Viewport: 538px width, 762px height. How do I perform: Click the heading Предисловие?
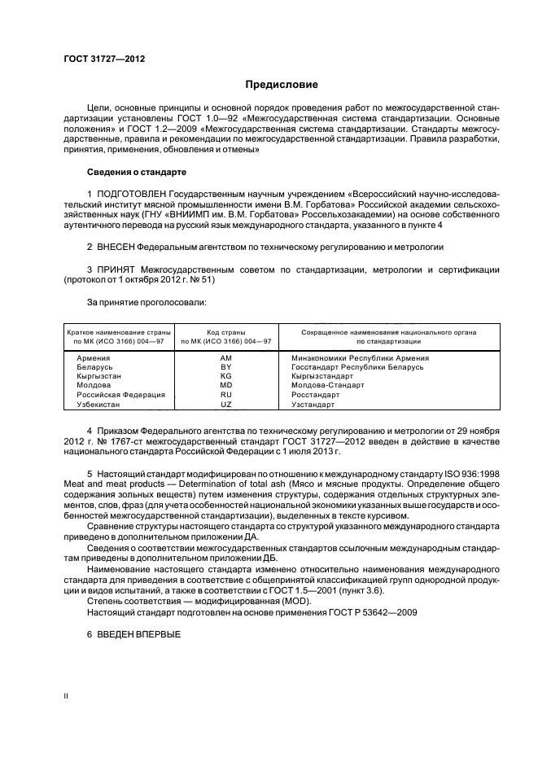click(282, 85)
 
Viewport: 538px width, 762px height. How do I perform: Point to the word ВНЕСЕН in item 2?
click(116, 245)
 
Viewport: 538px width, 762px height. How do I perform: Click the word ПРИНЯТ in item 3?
click(116, 269)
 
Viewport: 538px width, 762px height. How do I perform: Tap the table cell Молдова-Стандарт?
click(327, 386)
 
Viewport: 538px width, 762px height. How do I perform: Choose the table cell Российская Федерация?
click(120, 395)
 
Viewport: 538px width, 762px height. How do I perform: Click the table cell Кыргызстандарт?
click(323, 377)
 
